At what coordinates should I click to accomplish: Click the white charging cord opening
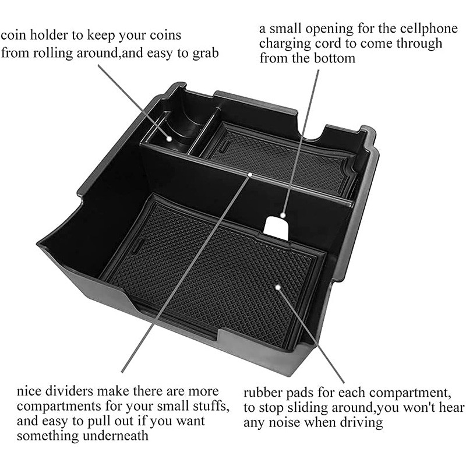pos(276,228)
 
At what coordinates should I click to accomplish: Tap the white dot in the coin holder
pos(169,139)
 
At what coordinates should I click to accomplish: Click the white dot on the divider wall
pos(250,175)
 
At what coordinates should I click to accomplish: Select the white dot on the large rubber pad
pos(278,287)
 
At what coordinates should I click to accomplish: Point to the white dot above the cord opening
pos(283,215)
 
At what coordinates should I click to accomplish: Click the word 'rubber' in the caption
pos(263,393)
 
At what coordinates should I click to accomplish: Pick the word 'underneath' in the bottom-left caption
pos(115,436)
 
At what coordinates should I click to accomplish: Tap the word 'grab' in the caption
pos(205,54)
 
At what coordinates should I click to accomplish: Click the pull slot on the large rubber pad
pos(137,245)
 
